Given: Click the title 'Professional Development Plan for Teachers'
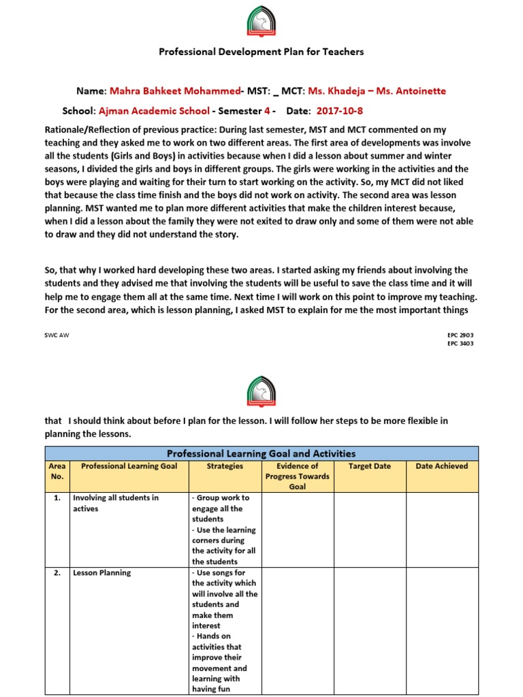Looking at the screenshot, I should tap(261, 52).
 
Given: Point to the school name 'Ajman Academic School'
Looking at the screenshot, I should tap(154, 111).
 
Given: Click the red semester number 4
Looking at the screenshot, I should tap(267, 111).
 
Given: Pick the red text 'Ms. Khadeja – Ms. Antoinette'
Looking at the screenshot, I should tap(377, 91).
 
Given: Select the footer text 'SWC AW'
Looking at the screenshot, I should tap(58, 336).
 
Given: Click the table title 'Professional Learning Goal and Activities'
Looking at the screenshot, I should tap(261, 453).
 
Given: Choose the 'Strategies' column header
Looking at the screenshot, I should tap(225, 466).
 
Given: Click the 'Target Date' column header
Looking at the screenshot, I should tap(368, 466).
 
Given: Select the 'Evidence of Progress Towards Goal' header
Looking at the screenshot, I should tap(298, 476).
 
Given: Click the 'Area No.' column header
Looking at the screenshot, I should tap(57, 471).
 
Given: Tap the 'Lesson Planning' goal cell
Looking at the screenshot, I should tap(102, 573).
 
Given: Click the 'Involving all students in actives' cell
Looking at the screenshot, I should tap(116, 503).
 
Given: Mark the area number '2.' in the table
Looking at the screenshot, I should tap(57, 573).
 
